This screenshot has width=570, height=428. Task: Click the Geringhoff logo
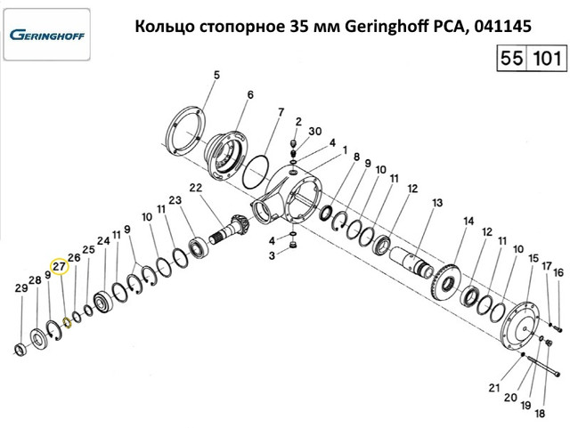pyautogui.click(x=47, y=35)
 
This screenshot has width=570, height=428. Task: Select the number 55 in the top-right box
pyautogui.click(x=512, y=58)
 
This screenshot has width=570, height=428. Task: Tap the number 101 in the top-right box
pyautogui.click(x=546, y=58)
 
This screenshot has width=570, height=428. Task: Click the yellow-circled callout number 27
pyautogui.click(x=60, y=267)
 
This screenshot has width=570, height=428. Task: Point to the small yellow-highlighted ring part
pyautogui.click(x=67, y=322)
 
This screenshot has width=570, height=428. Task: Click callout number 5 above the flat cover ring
pyautogui.click(x=216, y=76)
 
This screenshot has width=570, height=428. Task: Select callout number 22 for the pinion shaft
pyautogui.click(x=195, y=189)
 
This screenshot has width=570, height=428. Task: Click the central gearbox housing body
pyautogui.click(x=287, y=196)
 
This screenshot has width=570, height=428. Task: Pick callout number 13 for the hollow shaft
pyautogui.click(x=437, y=202)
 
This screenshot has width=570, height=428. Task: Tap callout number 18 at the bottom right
pyautogui.click(x=541, y=413)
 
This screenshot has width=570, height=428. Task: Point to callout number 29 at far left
pyautogui.click(x=21, y=288)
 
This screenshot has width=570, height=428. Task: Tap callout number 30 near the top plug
pyautogui.click(x=314, y=131)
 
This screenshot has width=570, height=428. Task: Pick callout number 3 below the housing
pyautogui.click(x=272, y=255)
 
